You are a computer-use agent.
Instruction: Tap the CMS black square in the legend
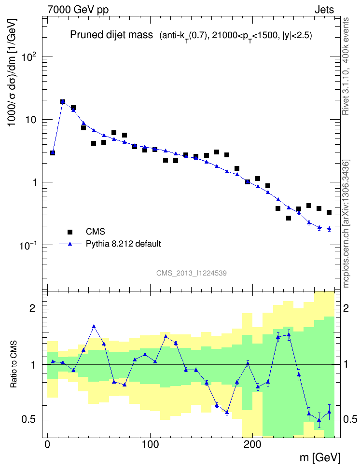tap(70, 232)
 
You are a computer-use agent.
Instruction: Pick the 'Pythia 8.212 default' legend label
tap(123, 244)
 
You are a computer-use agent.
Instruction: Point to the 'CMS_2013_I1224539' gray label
tap(192, 273)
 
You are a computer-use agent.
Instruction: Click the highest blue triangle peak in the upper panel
tap(63, 101)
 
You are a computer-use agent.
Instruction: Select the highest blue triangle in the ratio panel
tap(94, 327)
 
